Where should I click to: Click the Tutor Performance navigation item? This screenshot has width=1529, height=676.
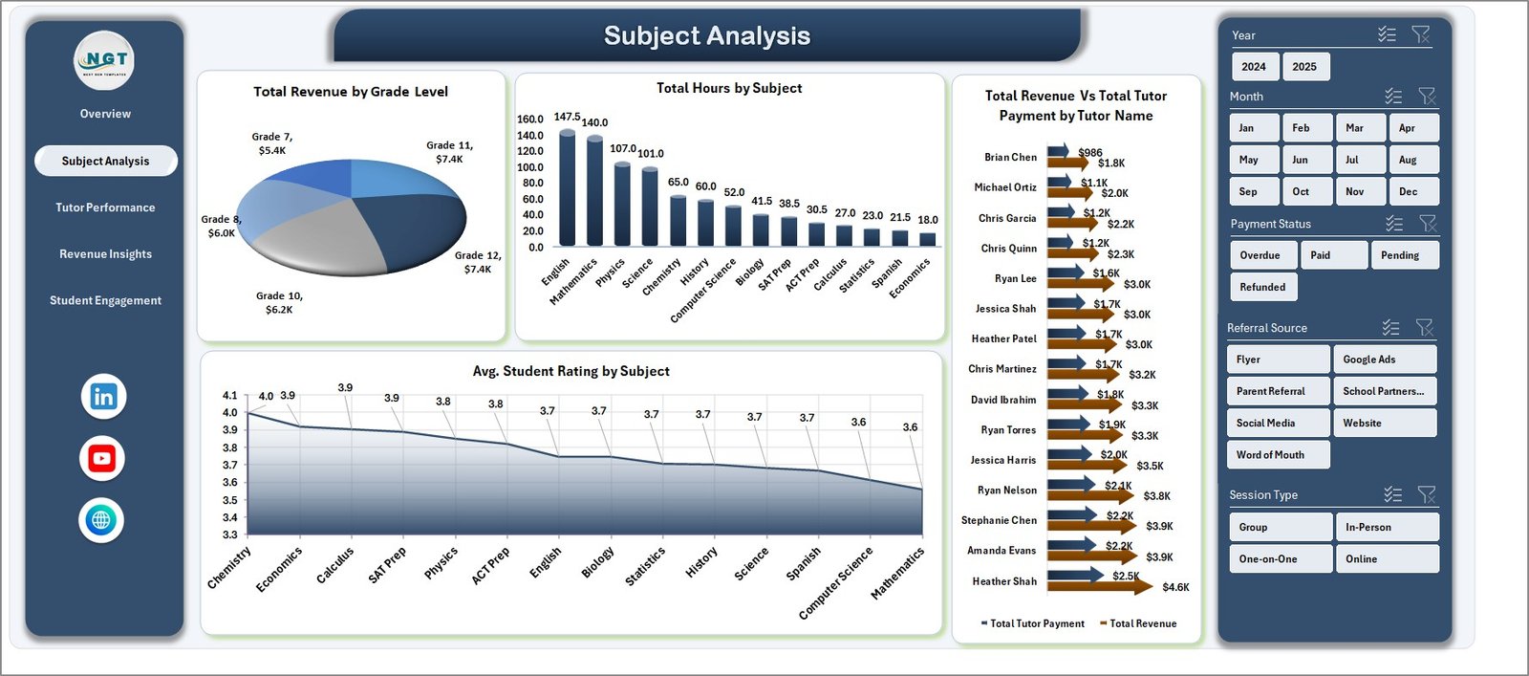[x=105, y=207]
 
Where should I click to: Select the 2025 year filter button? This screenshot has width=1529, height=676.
[x=1304, y=67]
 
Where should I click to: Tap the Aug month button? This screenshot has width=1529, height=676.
[x=1408, y=160]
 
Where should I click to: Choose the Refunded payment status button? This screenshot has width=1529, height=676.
[x=1262, y=287]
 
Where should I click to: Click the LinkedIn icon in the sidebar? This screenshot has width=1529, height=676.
[x=103, y=397]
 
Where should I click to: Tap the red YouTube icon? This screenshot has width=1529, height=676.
[x=102, y=459]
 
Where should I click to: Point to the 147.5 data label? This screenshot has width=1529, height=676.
[x=567, y=117]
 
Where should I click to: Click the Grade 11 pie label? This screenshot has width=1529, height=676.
[x=449, y=152]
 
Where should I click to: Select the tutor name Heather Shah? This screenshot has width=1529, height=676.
[x=1003, y=581]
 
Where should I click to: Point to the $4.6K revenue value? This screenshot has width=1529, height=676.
[x=1175, y=587]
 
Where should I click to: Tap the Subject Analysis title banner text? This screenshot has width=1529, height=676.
[x=706, y=36]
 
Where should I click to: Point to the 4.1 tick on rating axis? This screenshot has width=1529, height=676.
[x=229, y=395]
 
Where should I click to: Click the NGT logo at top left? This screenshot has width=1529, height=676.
[x=104, y=60]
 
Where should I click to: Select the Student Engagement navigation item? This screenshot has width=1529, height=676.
[x=105, y=300]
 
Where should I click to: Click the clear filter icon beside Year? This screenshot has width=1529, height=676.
[x=1421, y=35]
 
